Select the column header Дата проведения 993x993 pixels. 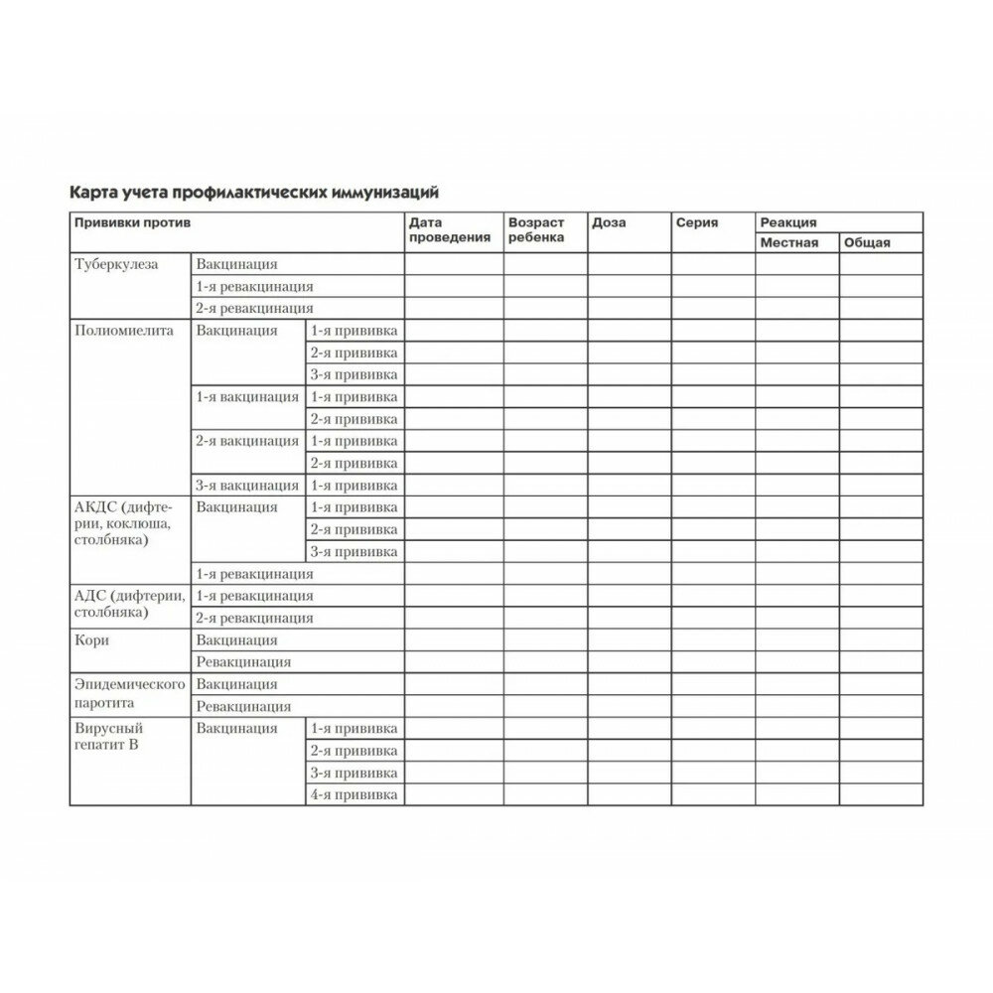coord(449,230)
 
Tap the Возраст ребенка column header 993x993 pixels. coord(536,230)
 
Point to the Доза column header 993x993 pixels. coord(609,223)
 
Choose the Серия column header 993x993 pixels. coord(697,223)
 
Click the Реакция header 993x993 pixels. coord(788,223)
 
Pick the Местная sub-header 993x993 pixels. coord(789,242)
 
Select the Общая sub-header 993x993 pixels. coord(867,242)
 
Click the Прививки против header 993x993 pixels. coord(131,223)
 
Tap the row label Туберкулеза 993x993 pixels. coord(116,264)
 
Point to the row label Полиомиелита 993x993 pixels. coord(124,331)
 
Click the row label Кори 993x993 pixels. coord(92,640)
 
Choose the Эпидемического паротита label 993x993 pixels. coord(130,694)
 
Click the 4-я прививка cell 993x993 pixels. coord(355,795)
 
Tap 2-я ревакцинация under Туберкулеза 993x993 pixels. coord(254,309)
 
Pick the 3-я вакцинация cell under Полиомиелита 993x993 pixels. coord(247,486)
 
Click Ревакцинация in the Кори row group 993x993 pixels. coord(243,662)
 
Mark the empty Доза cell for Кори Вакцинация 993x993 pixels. coord(629,640)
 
